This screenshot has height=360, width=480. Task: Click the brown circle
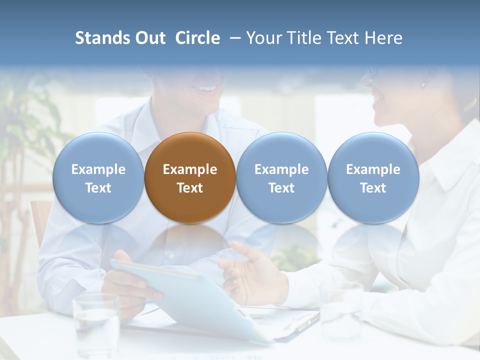click(x=190, y=177)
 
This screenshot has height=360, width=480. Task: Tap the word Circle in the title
click(x=197, y=38)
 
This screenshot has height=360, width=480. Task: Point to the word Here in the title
click(x=384, y=38)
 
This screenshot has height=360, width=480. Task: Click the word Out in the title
click(x=150, y=38)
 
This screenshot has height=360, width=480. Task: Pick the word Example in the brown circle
click(x=190, y=169)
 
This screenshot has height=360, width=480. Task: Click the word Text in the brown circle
click(x=190, y=188)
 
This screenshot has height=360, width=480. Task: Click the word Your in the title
click(x=262, y=38)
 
